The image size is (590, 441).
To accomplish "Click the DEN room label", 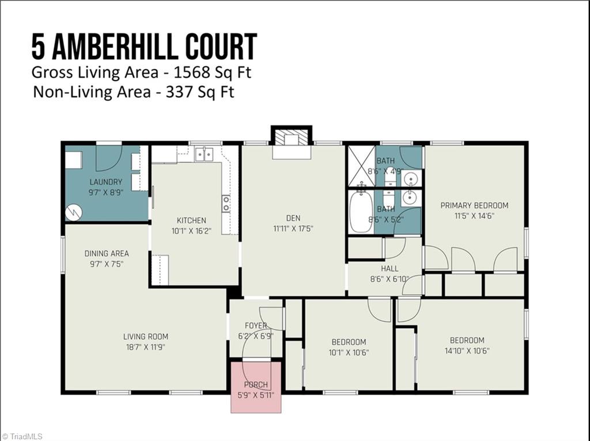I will click(x=293, y=218).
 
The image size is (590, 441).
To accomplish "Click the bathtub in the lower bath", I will click(x=361, y=211).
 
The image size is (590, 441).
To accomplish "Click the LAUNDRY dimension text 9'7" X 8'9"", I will click(x=105, y=192).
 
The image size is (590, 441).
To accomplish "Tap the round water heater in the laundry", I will click(x=73, y=212).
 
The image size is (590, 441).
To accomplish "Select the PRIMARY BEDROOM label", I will click(x=474, y=206).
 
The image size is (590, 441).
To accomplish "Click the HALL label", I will click(x=389, y=268).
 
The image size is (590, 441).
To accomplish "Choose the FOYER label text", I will click(x=256, y=326).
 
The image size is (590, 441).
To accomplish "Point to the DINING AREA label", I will click(x=107, y=253).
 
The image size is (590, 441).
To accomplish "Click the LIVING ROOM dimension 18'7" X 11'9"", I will click(x=145, y=347).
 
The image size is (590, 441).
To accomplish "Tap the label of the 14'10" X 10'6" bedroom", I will click(x=467, y=340).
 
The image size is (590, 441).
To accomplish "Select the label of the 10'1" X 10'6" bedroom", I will click(x=349, y=342).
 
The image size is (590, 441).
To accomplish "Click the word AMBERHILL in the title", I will click(x=126, y=47).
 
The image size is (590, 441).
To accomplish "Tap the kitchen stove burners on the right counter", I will click(x=226, y=203).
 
